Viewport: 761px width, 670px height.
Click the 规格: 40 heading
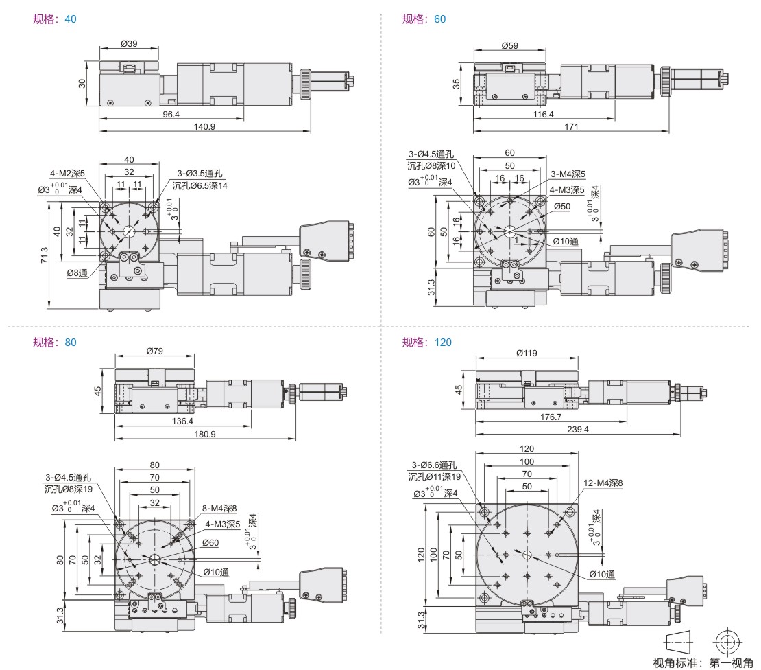click(55, 19)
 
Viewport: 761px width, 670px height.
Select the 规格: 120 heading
click(426, 342)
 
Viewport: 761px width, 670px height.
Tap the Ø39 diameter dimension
click(129, 43)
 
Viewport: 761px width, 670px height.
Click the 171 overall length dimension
click(571, 126)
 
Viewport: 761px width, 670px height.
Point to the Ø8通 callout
click(76, 273)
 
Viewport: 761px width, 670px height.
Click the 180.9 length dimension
click(204, 434)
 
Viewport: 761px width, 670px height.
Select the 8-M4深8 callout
click(219, 509)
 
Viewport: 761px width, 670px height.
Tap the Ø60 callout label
click(210, 542)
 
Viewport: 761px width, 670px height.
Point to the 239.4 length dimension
click(577, 429)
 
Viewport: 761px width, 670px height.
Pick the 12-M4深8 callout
click(603, 483)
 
